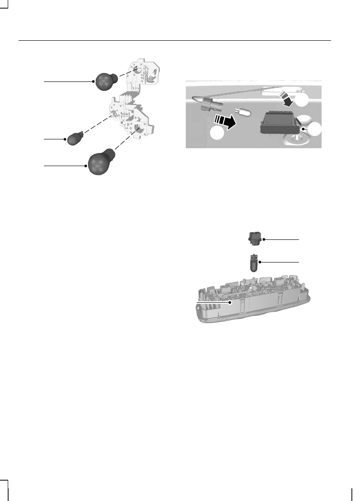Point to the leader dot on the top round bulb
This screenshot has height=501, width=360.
click(x=93, y=81)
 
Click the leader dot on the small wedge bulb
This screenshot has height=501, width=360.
click(x=66, y=139)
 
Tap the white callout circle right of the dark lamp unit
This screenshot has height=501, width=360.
click(x=315, y=129)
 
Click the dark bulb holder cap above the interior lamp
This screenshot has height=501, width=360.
click(x=254, y=238)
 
